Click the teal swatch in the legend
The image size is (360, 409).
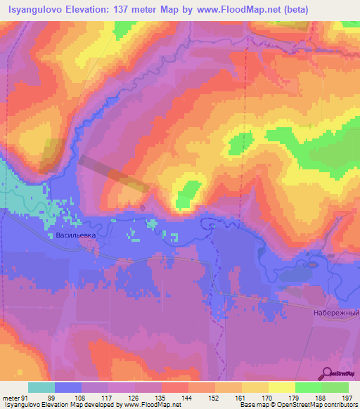click(x=41, y=387)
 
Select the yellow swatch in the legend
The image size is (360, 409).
click(x=282, y=387)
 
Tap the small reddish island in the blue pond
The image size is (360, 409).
click(x=311, y=266)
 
